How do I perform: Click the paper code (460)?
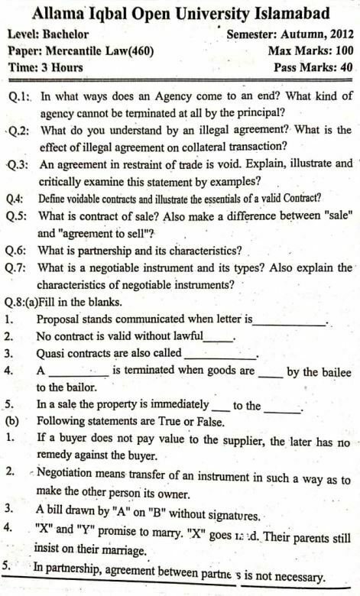(135, 51)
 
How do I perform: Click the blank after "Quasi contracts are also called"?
(221, 354)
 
